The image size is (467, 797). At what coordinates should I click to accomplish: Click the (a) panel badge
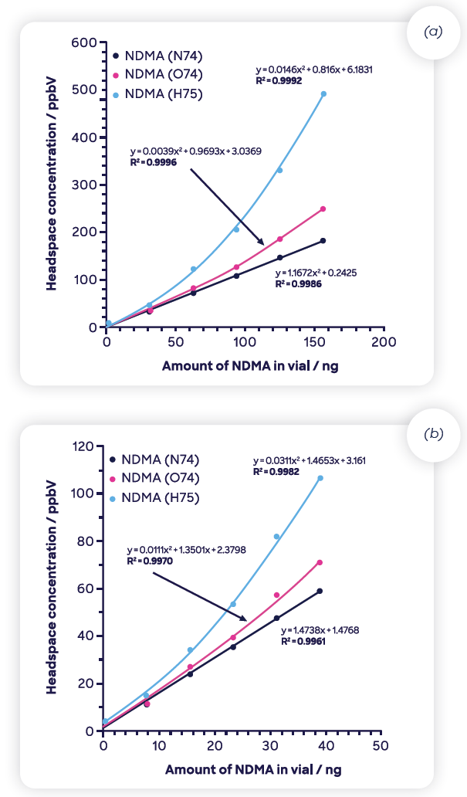coord(431,33)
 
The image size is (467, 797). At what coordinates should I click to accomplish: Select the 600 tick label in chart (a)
coord(84,42)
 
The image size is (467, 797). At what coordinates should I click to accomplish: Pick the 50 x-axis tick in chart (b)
coord(379,746)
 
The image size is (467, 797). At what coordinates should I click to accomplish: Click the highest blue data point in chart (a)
coord(323,94)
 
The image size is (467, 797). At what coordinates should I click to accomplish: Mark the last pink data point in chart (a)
coord(323,209)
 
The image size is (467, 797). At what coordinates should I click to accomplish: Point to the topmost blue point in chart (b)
coord(320,478)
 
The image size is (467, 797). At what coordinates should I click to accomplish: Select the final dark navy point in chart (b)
coord(320,591)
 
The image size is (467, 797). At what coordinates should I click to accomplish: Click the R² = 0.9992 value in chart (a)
coord(279,80)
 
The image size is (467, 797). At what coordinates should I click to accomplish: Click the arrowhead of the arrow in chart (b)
coord(245,619)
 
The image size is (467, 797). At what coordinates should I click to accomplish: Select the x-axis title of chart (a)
coord(249,366)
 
